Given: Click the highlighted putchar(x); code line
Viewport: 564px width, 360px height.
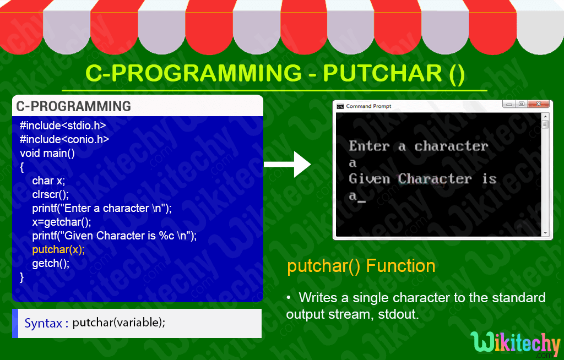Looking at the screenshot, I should coord(58,249).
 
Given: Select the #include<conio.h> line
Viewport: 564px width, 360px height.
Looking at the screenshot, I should coord(64,139).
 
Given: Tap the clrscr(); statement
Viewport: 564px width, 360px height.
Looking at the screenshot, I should coord(51,194).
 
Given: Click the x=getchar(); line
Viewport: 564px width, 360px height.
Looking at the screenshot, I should coord(61,222).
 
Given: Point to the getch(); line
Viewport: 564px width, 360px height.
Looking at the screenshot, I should coord(51,263).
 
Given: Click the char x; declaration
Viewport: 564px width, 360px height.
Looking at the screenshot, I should coord(48,181).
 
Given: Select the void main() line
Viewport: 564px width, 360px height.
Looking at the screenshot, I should coord(47,153).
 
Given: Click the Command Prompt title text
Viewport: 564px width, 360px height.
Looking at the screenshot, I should coord(368,106).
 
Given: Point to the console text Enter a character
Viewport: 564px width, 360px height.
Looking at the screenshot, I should coord(419,146).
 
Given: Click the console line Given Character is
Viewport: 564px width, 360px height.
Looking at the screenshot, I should coord(422,179).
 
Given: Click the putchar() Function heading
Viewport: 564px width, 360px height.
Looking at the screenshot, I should coord(361,266).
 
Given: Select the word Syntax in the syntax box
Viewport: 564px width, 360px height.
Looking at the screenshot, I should coord(43,323).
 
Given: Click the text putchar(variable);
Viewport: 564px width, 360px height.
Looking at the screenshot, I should coord(118,323).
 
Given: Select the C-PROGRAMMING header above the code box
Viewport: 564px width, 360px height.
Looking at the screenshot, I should coord(73,106).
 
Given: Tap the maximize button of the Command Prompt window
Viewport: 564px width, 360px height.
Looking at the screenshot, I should coord(521,104).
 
